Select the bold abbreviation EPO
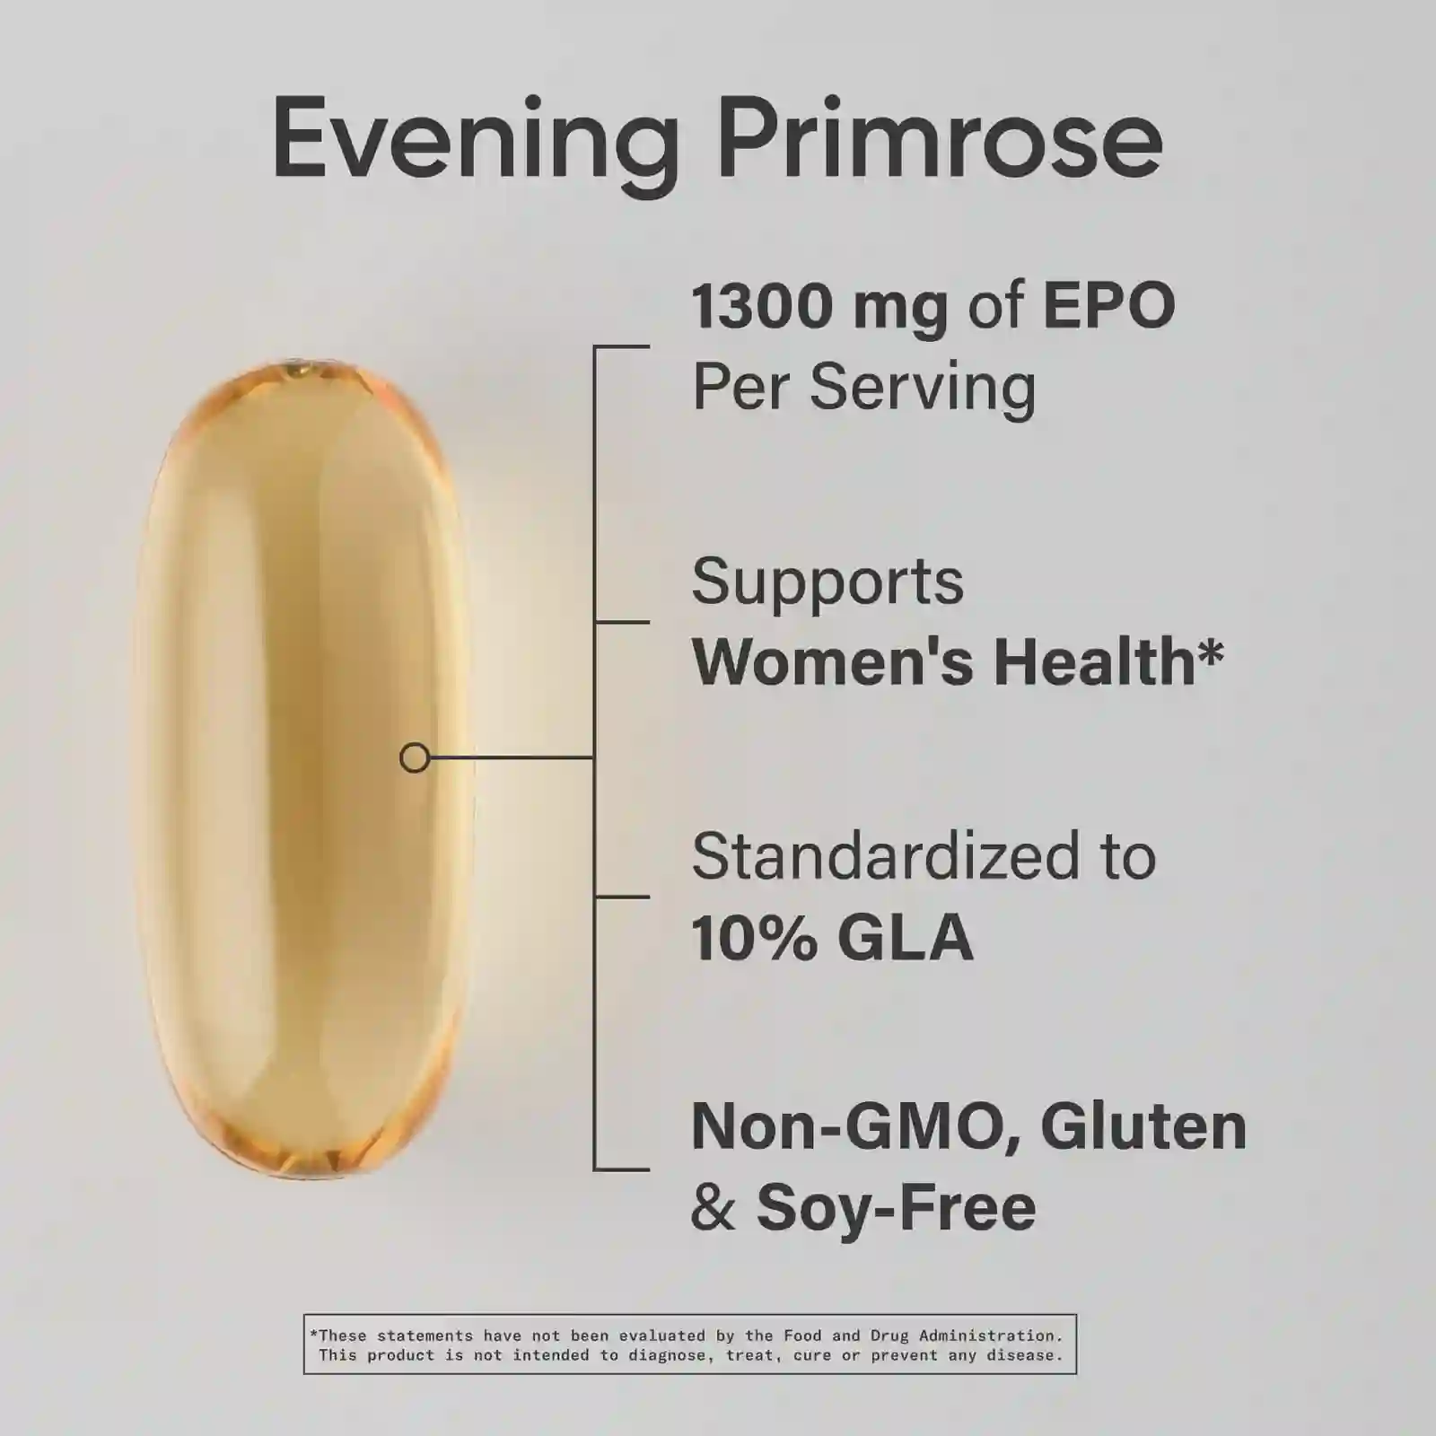pos(1108,306)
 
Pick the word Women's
pos(833,661)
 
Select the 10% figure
pos(755,939)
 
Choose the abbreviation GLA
pos(905,939)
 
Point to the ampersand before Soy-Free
pos(714,1208)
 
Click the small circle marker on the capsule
pos(414,758)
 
